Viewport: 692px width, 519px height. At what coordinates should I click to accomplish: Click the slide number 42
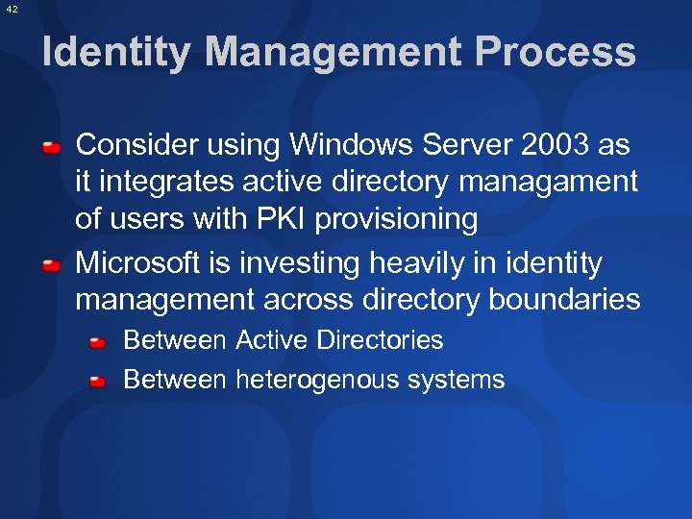11,8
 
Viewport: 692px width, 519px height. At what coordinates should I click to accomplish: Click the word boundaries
564,300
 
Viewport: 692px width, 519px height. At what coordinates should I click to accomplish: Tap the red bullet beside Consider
52,147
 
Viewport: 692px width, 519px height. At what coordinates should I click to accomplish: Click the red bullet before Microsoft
52,264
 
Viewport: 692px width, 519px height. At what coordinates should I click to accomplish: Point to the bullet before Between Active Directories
98,342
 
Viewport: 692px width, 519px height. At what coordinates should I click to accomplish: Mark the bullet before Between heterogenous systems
98,382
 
